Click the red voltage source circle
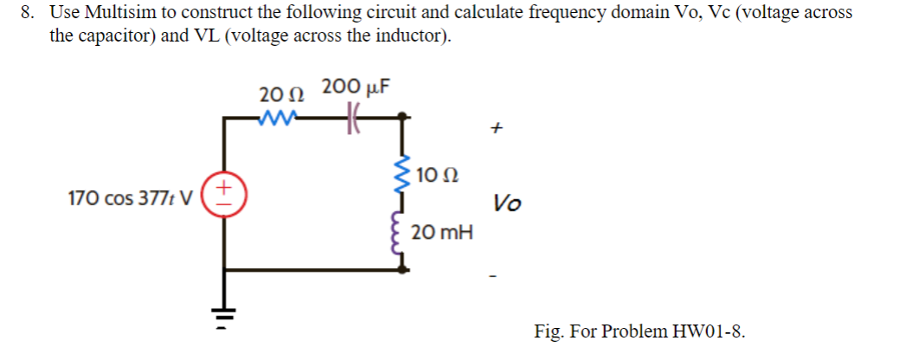point(223,195)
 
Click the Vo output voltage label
point(507,204)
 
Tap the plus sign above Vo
point(496,128)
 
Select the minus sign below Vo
point(494,278)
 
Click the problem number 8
point(30,13)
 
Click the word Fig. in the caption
point(550,331)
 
